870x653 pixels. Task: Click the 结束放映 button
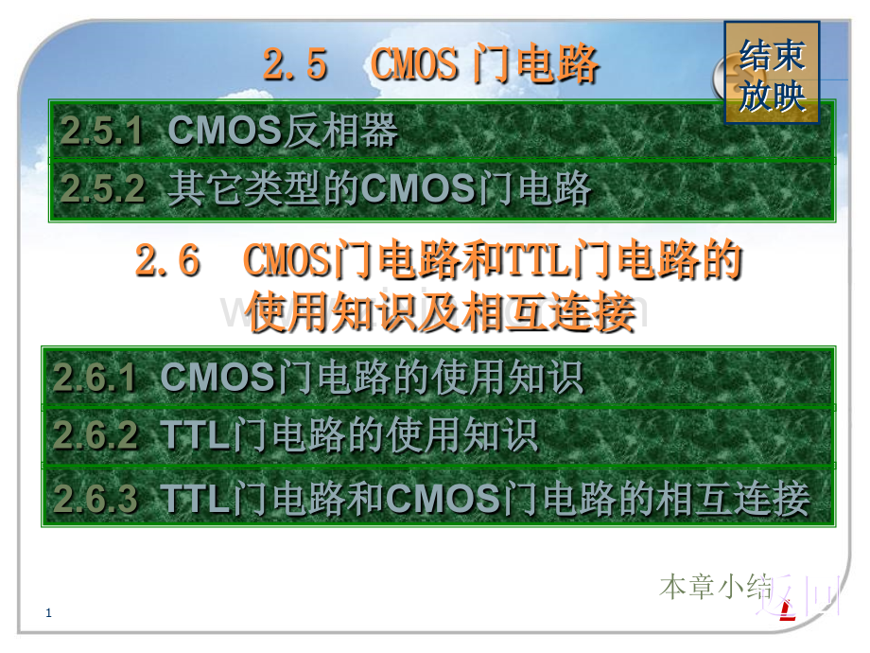click(772, 74)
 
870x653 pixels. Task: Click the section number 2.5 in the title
click(294, 65)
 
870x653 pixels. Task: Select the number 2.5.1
click(101, 132)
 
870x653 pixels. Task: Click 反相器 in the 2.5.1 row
click(340, 132)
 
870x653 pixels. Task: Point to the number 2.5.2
click(102, 189)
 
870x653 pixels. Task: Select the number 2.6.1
click(96, 378)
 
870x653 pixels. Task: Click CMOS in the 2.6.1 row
click(217, 378)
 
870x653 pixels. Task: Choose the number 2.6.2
click(96, 435)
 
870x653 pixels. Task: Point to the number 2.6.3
click(96, 498)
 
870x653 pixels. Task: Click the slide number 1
click(49, 614)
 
